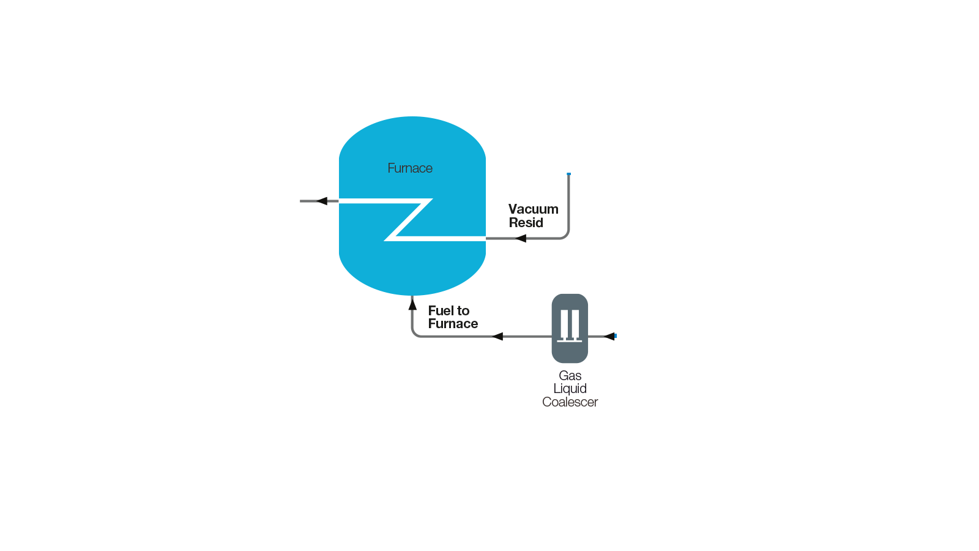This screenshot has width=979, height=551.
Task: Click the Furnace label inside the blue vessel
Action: (x=410, y=168)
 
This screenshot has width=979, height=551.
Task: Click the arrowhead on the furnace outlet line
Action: (x=322, y=201)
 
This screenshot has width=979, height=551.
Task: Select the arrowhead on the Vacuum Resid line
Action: (x=520, y=238)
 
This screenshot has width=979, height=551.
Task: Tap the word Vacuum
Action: (x=533, y=209)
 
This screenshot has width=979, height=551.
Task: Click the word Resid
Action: (x=526, y=223)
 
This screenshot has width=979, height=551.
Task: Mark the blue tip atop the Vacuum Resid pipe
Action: (x=568, y=174)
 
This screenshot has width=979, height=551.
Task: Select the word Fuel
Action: (x=441, y=310)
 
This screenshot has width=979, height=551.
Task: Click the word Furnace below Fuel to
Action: (x=453, y=324)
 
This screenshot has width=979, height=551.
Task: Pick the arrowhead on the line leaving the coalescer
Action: (x=497, y=336)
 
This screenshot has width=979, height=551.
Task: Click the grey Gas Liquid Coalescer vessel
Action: (x=570, y=328)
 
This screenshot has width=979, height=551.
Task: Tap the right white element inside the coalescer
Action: (x=576, y=325)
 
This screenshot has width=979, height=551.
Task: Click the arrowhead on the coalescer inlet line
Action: (x=609, y=336)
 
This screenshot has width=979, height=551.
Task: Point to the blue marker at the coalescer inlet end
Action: (x=616, y=336)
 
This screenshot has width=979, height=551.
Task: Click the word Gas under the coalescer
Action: (x=570, y=376)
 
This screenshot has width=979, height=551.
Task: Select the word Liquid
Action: (x=570, y=388)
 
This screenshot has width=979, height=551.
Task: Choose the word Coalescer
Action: (x=570, y=402)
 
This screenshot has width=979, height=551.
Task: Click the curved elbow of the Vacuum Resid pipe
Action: (x=566, y=236)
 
